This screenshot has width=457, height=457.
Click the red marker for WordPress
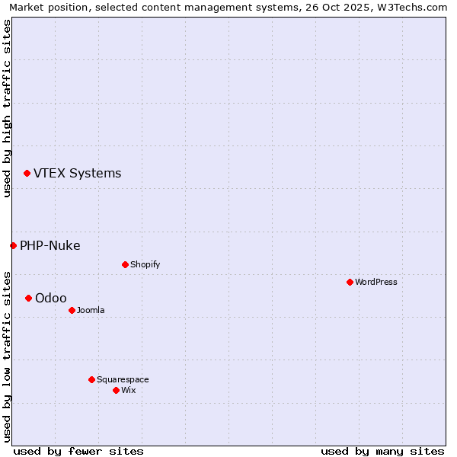click(x=350, y=282)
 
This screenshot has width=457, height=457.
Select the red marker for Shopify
click(x=125, y=264)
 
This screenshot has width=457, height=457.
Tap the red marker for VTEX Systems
click(x=27, y=174)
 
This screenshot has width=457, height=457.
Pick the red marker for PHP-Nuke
click(x=13, y=245)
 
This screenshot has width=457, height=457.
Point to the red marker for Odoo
click(x=28, y=298)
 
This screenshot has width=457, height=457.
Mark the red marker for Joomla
click(x=72, y=310)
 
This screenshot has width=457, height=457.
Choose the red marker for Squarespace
click(x=91, y=379)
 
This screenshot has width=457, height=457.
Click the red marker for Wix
click(x=116, y=390)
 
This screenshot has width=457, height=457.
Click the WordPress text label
click(x=376, y=282)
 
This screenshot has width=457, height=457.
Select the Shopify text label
click(x=145, y=264)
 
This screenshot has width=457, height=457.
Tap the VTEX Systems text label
click(x=77, y=174)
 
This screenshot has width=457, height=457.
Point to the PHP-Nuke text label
click(x=50, y=245)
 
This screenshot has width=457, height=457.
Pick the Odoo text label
click(x=50, y=298)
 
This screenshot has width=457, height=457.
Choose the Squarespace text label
click(x=123, y=379)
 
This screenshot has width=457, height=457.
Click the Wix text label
click(x=128, y=390)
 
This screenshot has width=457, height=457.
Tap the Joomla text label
click(x=91, y=310)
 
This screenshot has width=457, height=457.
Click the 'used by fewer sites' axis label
click(x=78, y=451)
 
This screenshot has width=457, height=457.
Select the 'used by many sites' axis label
click(x=382, y=451)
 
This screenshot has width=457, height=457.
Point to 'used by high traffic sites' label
click(x=7, y=108)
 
